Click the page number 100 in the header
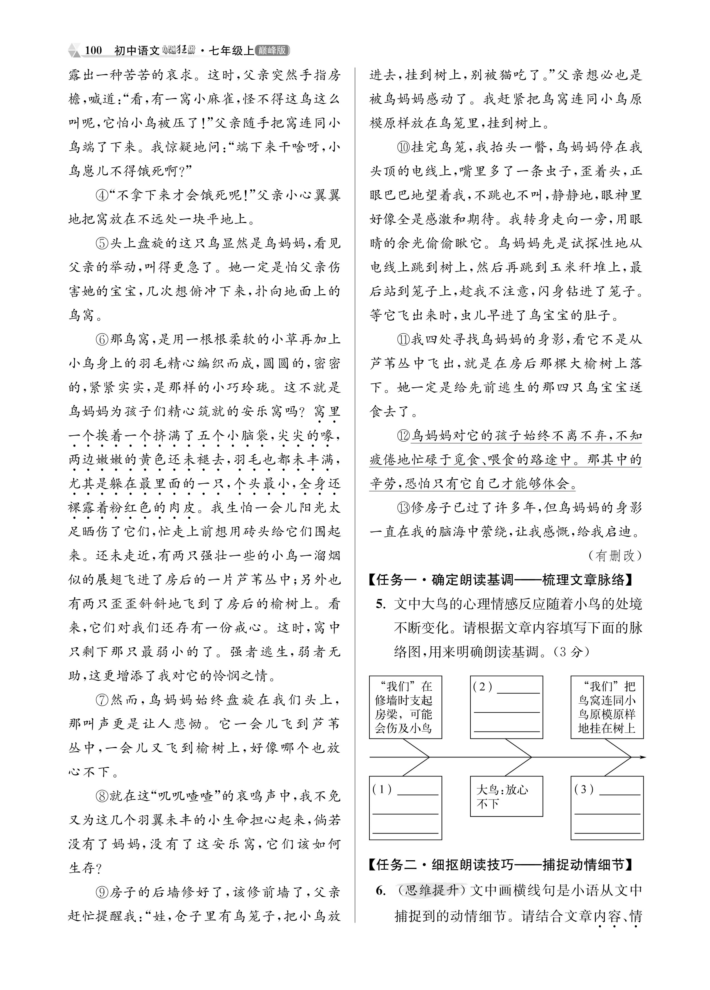point(93,51)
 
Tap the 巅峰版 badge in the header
point(272,51)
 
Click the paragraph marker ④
point(102,195)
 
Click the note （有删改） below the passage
point(615,555)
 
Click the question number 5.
point(380,604)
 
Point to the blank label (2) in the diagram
point(483,687)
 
